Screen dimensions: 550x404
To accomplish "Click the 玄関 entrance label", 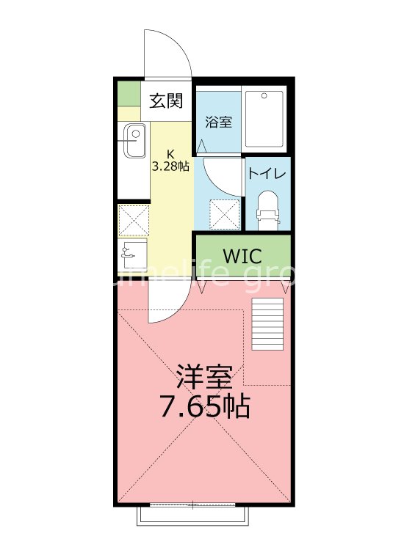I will [166, 101].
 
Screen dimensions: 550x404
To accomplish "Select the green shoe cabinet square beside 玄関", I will [129, 94].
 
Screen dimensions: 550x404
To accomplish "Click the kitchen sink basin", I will [134, 141].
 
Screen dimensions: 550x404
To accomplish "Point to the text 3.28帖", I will [170, 166].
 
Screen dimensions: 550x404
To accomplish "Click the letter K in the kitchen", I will [170, 154].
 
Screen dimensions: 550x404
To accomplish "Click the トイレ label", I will [267, 175].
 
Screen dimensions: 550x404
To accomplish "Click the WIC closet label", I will [241, 257].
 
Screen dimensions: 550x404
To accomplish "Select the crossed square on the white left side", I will [134, 219].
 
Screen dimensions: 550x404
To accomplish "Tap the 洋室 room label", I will [204, 376].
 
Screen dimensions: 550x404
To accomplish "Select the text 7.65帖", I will [204, 406].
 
